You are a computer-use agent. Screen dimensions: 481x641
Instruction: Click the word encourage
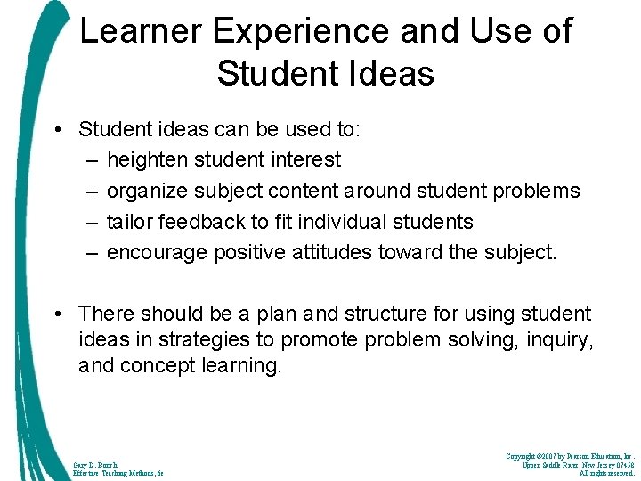coord(157,252)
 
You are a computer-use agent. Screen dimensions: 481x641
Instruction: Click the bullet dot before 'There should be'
coord(57,314)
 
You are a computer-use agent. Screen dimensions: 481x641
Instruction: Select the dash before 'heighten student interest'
coord(93,159)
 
